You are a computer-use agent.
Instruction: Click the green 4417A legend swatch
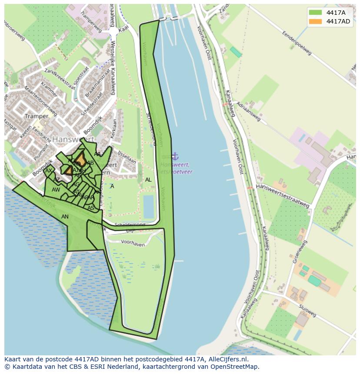click(x=316, y=13)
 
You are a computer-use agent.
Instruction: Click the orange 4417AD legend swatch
click(x=316, y=21)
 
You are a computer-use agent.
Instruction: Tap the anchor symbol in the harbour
click(x=175, y=156)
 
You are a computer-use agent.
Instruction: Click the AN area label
click(x=65, y=217)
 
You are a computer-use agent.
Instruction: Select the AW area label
click(x=56, y=190)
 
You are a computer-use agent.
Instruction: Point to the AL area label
click(x=148, y=180)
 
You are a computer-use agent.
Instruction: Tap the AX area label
click(x=49, y=171)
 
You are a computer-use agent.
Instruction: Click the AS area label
click(x=91, y=208)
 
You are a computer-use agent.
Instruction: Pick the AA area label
click(x=97, y=154)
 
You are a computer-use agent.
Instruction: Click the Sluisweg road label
click(x=307, y=310)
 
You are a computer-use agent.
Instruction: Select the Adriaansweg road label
click(x=248, y=111)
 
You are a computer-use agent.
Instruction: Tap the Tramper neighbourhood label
click(x=37, y=116)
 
